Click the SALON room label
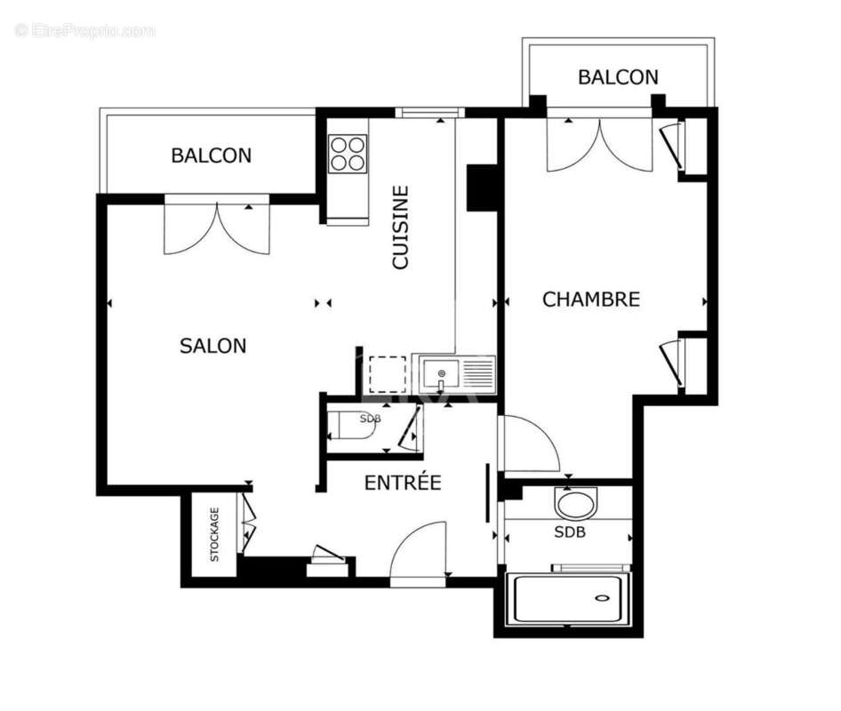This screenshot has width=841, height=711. [213, 346]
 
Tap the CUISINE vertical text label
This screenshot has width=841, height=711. [401, 227]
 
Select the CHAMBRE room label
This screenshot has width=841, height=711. [591, 300]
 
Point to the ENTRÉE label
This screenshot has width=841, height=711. [403, 483]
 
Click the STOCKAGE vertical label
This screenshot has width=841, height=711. [214, 534]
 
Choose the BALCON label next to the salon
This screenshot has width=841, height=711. [211, 156]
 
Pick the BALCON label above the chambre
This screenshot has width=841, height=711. [618, 77]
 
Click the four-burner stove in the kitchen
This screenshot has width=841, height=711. [348, 153]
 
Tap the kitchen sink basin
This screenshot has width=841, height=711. [441, 373]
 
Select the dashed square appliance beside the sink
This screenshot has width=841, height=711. [387, 374]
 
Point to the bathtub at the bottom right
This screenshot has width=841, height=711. [568, 599]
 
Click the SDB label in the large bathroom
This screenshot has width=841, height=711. [570, 532]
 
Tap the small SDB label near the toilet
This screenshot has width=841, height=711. [370, 418]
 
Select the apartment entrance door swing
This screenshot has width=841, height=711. [418, 551]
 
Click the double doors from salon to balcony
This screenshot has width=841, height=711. [216, 227]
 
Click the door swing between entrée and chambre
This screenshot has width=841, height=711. [528, 444]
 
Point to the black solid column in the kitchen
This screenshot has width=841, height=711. [482, 188]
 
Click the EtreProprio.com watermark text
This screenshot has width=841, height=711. [85, 30]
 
